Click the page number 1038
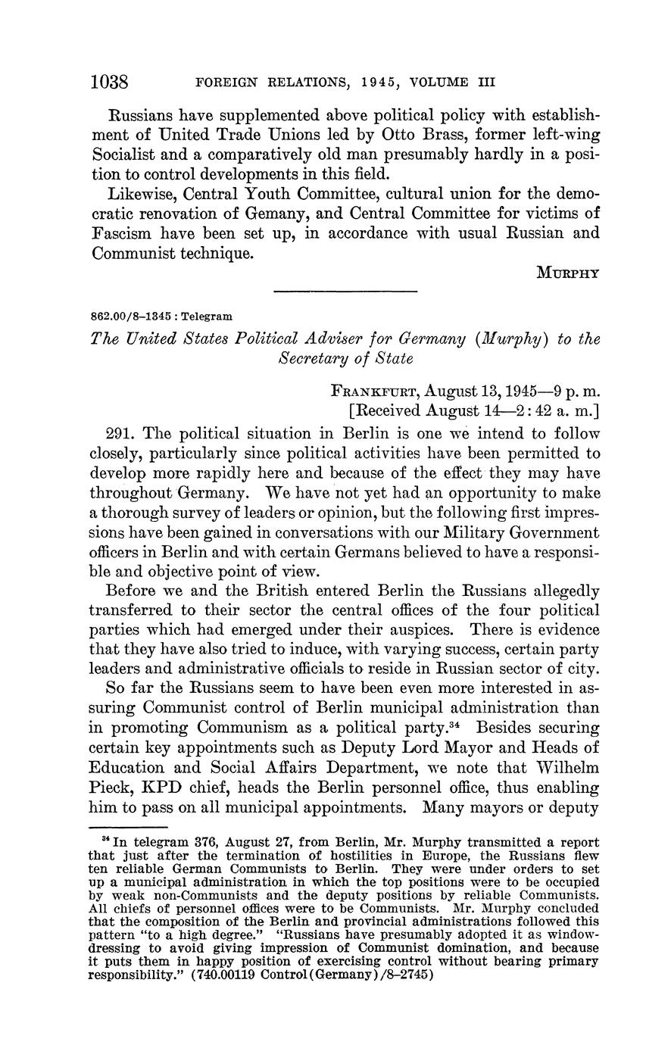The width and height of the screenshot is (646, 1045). click(x=111, y=81)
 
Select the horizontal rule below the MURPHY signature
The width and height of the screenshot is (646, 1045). click(x=345, y=292)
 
